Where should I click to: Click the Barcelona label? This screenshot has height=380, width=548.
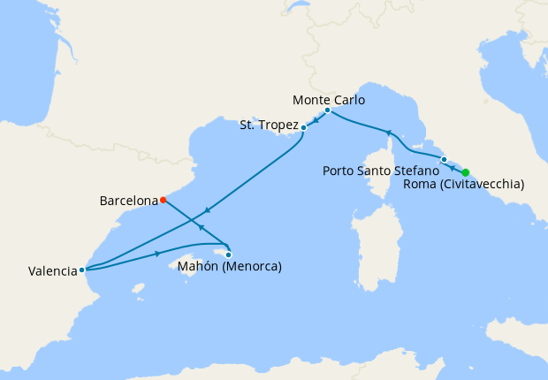[128, 201]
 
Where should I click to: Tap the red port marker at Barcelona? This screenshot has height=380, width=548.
[163, 200]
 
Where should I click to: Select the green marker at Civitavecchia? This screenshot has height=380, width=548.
[466, 172]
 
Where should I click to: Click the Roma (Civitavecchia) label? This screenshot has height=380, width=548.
[463, 185]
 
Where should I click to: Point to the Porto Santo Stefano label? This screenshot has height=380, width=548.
[381, 170]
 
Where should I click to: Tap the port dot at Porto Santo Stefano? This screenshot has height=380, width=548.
[444, 160]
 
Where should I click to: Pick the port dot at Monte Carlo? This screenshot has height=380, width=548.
[327, 110]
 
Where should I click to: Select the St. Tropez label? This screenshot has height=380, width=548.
[269, 125]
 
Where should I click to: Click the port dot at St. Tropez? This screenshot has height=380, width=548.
[303, 127]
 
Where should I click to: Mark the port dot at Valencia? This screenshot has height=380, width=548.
[81, 270]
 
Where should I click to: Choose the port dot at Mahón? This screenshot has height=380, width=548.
[229, 254]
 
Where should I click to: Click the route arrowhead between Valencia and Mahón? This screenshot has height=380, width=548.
[157, 254]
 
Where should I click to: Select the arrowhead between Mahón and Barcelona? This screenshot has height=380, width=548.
[202, 228]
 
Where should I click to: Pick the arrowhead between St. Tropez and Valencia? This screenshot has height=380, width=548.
[206, 210]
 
